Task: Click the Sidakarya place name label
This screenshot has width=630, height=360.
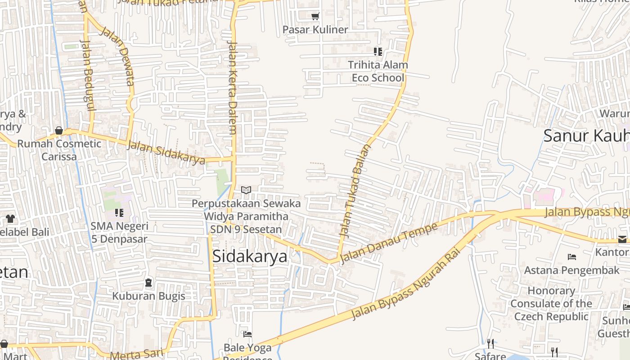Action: point(249,256)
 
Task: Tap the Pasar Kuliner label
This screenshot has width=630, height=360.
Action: point(315,30)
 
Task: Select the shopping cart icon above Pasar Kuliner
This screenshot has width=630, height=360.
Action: point(315,17)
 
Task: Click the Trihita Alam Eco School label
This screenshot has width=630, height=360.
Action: point(378,71)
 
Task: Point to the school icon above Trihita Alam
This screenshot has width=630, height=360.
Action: point(378,52)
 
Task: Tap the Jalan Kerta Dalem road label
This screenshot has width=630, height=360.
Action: point(232,88)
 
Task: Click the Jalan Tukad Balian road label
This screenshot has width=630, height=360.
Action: point(354,191)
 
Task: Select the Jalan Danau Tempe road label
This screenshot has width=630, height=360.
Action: point(388,243)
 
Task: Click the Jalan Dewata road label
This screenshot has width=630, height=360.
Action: point(118,56)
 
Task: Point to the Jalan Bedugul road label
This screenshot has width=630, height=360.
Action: point(88,74)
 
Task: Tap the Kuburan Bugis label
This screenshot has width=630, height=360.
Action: point(148,296)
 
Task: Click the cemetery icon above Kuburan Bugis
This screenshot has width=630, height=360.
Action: point(148,283)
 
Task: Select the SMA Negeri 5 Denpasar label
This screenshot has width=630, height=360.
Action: point(119,232)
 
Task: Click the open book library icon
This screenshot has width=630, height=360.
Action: point(246,190)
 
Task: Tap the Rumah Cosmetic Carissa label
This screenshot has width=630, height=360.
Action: point(59,150)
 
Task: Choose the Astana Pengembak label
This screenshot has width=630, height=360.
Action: point(571,270)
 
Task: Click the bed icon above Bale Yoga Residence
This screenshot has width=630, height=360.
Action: point(247,334)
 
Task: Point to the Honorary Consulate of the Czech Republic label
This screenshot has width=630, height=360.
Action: point(551,303)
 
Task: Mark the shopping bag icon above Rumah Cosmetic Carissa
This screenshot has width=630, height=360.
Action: point(59,131)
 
